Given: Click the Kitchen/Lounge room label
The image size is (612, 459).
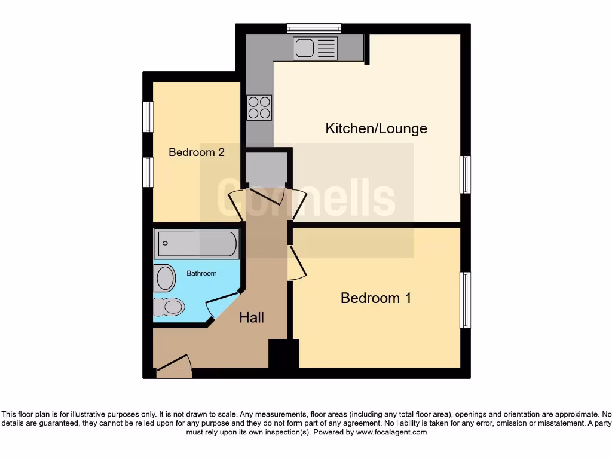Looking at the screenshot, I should (376, 128).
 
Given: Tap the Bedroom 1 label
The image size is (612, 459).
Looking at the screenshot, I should (375, 298).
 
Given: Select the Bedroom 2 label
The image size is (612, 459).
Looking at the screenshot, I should (196, 152).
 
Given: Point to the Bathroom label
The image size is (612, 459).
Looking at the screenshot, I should (201, 273).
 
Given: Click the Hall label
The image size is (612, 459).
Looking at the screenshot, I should (252, 317).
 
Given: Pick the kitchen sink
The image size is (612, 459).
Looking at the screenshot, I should (315, 48).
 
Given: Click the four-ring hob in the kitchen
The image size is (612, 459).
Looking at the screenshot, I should (259, 108).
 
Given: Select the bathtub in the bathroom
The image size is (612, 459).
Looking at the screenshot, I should (197, 244).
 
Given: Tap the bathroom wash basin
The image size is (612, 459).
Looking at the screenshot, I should (165, 278).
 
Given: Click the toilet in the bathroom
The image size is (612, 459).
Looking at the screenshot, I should (169, 307).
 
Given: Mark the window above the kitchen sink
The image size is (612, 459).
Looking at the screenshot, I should (314, 28).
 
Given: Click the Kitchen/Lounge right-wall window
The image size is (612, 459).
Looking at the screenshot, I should (465, 175).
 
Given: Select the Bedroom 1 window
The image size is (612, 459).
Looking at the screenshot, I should (465, 300).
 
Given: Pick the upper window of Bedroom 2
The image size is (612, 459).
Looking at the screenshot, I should (148, 117).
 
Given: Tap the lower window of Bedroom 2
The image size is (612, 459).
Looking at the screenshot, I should (148, 172).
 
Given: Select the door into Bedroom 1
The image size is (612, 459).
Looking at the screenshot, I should (296, 263).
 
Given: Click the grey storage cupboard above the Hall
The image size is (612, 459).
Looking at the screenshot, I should (267, 169).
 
